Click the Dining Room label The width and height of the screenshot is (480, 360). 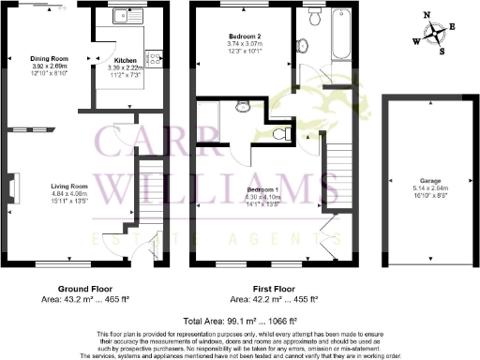click(50, 57)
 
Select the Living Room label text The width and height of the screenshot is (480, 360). click(69, 185)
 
